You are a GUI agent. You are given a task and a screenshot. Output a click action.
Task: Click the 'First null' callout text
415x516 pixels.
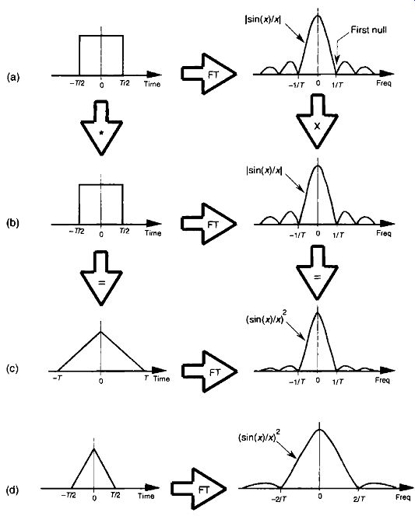pos(368,30)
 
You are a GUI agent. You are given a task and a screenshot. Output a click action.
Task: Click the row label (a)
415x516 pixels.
pos(13,78)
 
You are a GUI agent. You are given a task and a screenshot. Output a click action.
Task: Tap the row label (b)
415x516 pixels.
pos(13,223)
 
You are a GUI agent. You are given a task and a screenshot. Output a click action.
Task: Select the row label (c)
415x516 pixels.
pos(12,368)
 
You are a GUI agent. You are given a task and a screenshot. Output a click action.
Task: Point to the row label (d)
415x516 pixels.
pos(12,490)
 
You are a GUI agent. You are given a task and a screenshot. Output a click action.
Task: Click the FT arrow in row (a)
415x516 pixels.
pos(209,74)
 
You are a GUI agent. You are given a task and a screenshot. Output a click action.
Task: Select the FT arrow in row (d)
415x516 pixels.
pos(199,489)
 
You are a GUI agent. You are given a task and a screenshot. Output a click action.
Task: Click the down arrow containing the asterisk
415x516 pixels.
pos(102,127)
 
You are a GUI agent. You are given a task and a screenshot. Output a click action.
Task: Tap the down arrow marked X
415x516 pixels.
pos(317,121)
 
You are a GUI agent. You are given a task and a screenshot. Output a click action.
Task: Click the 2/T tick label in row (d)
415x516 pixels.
pos(359,499)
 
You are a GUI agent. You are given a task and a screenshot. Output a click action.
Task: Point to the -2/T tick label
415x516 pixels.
pos(279,500)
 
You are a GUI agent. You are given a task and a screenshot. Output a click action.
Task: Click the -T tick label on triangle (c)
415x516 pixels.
pos(57,378)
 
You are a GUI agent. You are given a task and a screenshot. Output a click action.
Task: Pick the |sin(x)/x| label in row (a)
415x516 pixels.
pos(263,19)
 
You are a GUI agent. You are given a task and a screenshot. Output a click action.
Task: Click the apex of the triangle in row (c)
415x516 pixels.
pos(101,331)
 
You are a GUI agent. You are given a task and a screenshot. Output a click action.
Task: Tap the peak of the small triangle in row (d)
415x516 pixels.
pos(94,448)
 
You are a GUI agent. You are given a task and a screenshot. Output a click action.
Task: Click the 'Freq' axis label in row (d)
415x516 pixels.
pos(403,497)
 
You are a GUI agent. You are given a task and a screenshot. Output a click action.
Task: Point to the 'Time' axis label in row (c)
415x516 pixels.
pos(161,378)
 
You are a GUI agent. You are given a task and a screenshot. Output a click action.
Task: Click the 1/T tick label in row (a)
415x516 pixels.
pos(337,85)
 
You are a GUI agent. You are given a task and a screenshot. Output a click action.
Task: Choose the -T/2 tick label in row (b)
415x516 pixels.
pos(76,232)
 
